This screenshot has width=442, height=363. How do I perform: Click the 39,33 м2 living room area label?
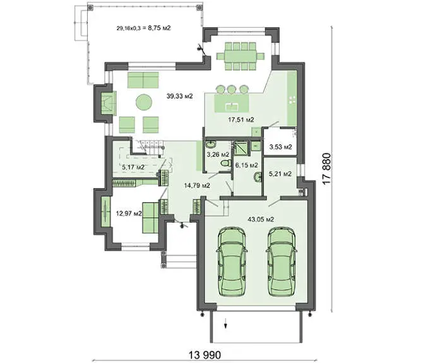coord(179,96)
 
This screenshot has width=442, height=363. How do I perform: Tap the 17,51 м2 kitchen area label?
coord(241,120)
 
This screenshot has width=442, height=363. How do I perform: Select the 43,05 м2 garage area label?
coord(261,219)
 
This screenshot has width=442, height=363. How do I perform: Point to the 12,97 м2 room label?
coord(129,213)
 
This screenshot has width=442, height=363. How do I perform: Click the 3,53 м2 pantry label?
coord(280,147)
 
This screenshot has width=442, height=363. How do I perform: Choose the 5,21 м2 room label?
coord(280,174)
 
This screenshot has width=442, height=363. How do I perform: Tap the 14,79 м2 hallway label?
coord(197,186)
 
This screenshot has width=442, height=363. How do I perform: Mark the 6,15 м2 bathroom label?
coord(246,165)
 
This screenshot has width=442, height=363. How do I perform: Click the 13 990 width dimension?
coord(205,355)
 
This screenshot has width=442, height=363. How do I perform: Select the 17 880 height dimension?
coord(326,169)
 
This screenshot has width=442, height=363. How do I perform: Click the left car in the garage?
coord(232,261)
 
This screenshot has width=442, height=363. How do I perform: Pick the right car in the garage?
coord(281,261)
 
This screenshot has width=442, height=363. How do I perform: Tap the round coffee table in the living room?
coord(144,102)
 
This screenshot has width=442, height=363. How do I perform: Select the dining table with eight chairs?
coord(241,56)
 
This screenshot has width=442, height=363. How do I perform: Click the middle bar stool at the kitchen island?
coord(231,90)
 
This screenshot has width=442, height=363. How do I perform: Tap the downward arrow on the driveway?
coord(225,324)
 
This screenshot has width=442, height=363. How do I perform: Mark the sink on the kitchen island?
coord(232,107)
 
